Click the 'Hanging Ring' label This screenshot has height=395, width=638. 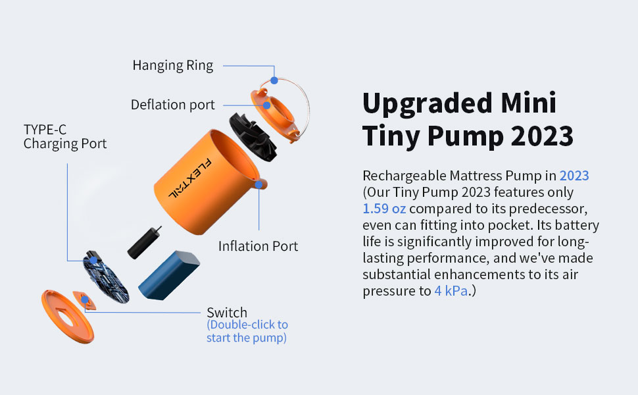pyautogui.click(x=173, y=65)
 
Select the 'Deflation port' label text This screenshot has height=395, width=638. pyautogui.click(x=172, y=105)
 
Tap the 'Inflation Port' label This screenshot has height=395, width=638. pyautogui.click(x=258, y=246)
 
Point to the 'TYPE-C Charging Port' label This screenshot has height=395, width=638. pyautogui.click(x=64, y=136)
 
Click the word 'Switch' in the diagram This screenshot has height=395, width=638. pyautogui.click(x=227, y=312)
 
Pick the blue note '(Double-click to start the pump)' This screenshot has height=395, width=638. pyautogui.click(x=247, y=332)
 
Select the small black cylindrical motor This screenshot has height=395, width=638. pyautogui.click(x=145, y=242)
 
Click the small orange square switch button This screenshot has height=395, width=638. pyautogui.click(x=84, y=300)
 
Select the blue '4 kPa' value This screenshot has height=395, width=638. pyautogui.click(x=451, y=291)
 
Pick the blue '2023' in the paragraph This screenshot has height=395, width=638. pyautogui.click(x=574, y=176)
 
